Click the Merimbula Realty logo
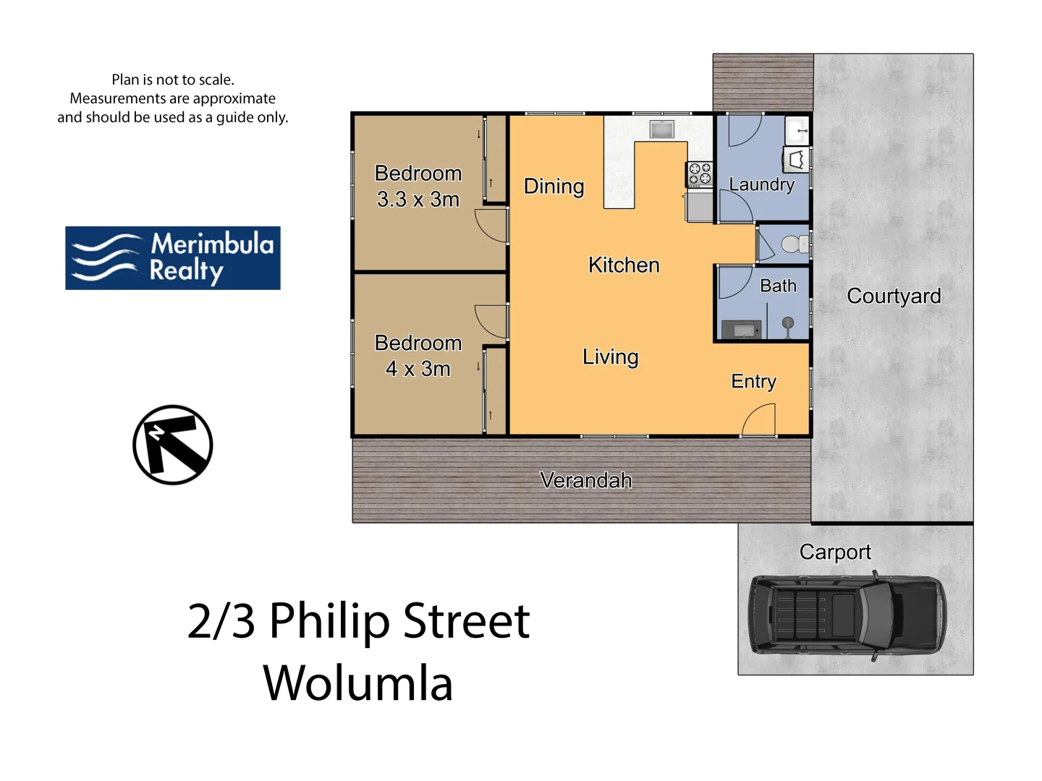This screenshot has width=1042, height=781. click(173, 258)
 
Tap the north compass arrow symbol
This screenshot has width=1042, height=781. click(173, 445)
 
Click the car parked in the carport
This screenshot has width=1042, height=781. click(847, 615)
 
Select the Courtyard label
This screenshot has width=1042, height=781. click(894, 296)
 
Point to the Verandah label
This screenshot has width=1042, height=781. click(585, 480)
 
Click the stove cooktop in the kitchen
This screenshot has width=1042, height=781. click(700, 174)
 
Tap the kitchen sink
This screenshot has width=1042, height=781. click(661, 129)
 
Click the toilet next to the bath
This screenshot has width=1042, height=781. click(794, 244)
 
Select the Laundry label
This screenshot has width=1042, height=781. click(761, 184)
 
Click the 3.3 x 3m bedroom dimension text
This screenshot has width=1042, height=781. click(418, 200)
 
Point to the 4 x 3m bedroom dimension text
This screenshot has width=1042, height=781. click(418, 369)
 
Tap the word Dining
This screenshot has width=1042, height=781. click(554, 187)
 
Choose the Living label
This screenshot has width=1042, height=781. click(610, 357)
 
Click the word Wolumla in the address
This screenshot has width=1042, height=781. click(358, 683)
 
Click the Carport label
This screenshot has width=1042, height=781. click(835, 552)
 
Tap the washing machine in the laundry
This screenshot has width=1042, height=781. click(796, 159)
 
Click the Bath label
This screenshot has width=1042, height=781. click(778, 286)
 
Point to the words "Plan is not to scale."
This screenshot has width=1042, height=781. click(173, 80)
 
